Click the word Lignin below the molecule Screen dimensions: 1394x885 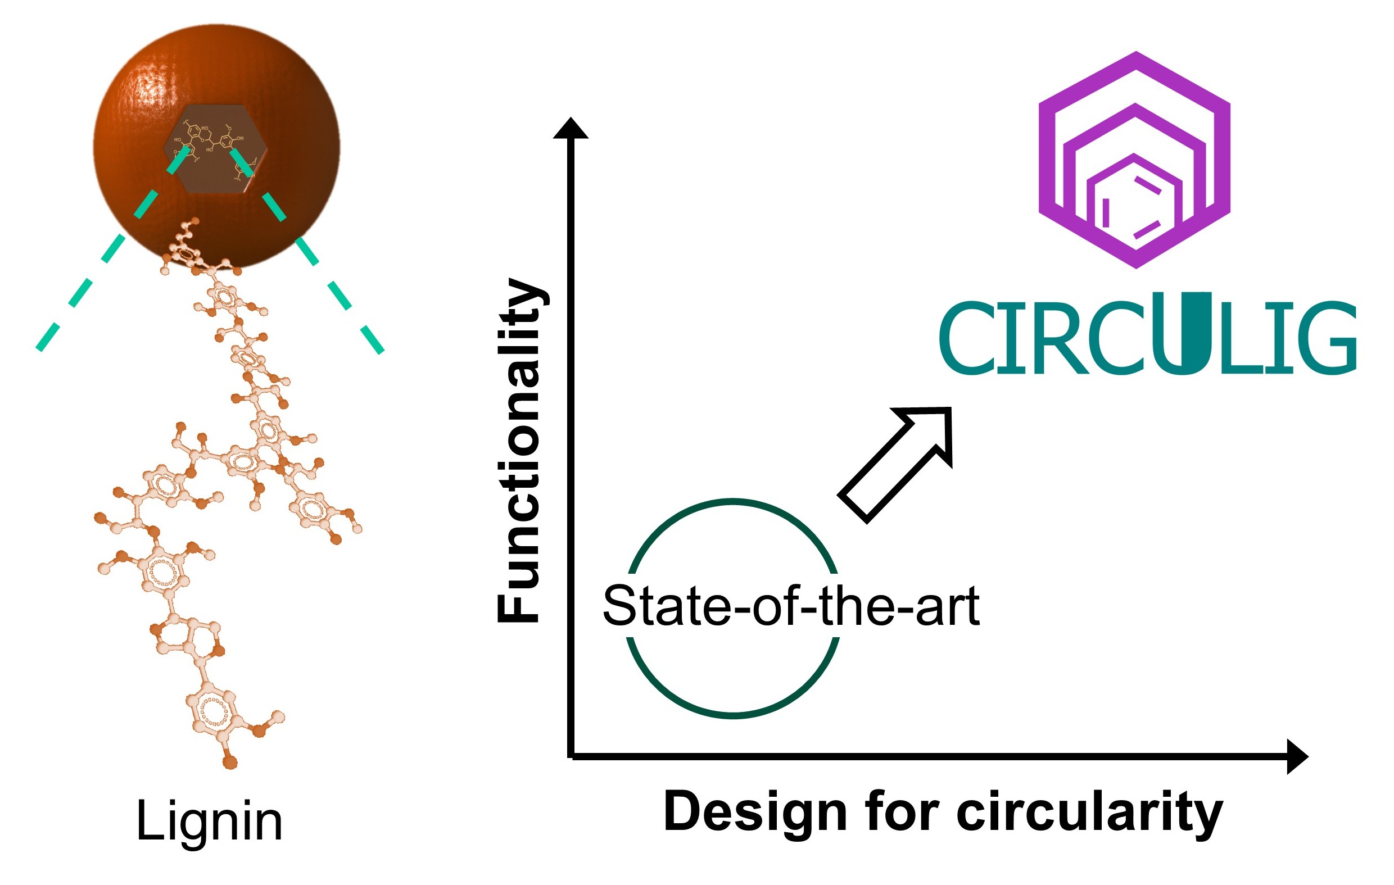click(209, 822)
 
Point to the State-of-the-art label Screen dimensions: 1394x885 click(791, 606)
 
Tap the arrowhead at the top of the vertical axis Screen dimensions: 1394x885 click(571, 128)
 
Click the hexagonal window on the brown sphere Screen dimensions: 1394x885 click(216, 149)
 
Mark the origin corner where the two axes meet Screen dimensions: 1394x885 click(571, 756)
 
